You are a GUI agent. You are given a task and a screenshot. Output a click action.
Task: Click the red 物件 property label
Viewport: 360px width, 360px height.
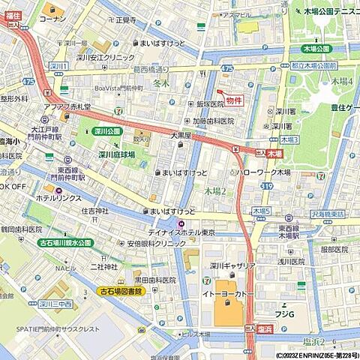pyautogui.click(x=234, y=100)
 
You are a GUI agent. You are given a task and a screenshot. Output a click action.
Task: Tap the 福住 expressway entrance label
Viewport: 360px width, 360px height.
pyautogui.click(x=13, y=15)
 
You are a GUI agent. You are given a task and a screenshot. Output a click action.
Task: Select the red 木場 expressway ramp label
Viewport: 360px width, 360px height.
pyautogui.click(x=275, y=153)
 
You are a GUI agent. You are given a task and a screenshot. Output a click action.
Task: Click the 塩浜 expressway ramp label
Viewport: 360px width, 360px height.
pyautogui.click(x=264, y=327)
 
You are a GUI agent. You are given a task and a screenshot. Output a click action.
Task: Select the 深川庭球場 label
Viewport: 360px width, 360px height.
pyautogui.click(x=116, y=154)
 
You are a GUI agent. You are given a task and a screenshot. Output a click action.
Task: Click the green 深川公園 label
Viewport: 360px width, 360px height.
pyautogui.click(x=107, y=130)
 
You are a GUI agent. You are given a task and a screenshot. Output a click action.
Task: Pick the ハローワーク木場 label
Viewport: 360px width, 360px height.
pyautogui.click(x=262, y=172)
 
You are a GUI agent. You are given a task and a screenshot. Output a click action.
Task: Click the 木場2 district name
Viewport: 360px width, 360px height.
pyautogui.click(x=215, y=191)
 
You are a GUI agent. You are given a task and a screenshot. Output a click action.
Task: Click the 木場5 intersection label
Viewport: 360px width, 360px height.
pyautogui.click(x=260, y=211)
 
